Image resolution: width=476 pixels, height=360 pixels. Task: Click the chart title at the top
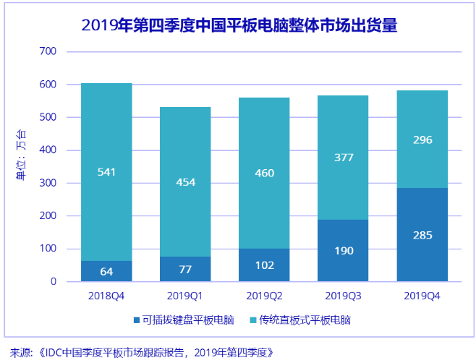(x=239, y=27)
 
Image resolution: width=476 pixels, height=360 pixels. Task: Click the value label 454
(x=185, y=182)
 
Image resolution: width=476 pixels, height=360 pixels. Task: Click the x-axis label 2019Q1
(x=185, y=296)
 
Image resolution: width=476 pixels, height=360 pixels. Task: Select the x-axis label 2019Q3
(x=343, y=296)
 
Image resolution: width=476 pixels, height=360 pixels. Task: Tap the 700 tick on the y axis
(x=48, y=51)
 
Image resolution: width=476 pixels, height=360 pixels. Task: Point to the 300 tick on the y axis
(x=48, y=183)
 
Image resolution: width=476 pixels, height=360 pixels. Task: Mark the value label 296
(x=422, y=140)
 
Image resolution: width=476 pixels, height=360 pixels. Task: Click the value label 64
(x=106, y=272)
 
